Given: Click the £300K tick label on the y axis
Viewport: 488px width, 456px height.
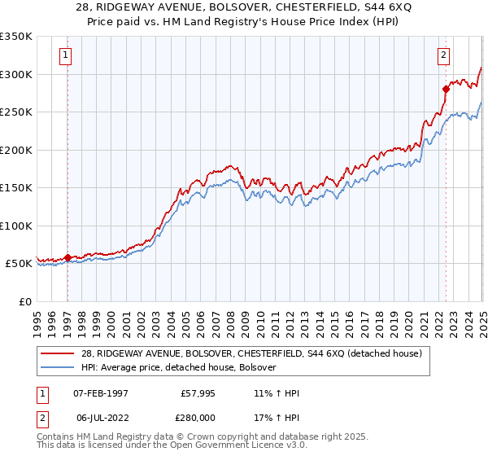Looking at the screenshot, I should tap(16, 74).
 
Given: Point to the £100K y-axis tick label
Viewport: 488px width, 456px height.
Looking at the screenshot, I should tap(16, 226).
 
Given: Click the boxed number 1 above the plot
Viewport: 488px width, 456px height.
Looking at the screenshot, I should tap(64, 55).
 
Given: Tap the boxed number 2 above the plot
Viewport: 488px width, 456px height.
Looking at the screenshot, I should tap(443, 55).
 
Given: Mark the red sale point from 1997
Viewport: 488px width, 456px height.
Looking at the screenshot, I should tap(68, 257).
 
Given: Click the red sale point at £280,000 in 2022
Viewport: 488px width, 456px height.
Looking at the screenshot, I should tap(446, 89).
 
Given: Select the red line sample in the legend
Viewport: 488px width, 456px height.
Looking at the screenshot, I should tap(59, 354).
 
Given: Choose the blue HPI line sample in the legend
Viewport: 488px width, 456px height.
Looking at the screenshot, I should tap(59, 368).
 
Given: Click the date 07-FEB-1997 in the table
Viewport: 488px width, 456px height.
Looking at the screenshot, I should tap(101, 393).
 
